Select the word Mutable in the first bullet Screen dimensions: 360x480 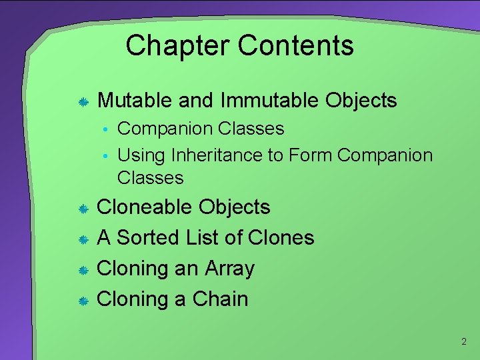coord(135,101)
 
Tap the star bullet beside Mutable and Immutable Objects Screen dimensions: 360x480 coord(83,102)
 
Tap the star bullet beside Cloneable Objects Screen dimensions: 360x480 coord(83,209)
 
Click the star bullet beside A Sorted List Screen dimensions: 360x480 coord(83,239)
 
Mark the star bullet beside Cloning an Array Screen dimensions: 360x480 coord(83,270)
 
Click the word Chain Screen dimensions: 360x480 coord(220,299)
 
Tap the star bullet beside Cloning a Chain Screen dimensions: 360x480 coord(83,301)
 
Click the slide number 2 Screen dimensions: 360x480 coord(463,342)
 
